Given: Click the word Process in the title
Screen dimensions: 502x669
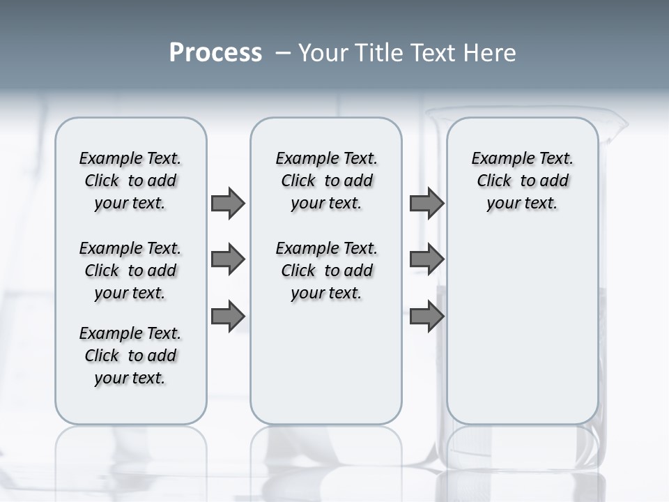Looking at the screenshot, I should click(x=215, y=53).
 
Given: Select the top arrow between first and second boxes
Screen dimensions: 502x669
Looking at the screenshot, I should click(x=228, y=203).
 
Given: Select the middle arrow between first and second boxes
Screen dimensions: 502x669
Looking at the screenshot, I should click(x=228, y=259).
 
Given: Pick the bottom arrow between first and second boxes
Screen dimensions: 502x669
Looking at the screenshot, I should click(x=228, y=317).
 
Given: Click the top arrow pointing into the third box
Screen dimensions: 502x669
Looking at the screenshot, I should click(x=426, y=203).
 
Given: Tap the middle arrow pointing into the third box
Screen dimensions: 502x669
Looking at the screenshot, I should click(x=426, y=259).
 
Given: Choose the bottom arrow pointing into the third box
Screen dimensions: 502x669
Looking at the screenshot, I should click(x=426, y=317).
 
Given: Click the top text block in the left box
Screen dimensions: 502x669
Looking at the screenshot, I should click(x=130, y=181).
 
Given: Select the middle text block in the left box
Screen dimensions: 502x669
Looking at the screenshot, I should click(x=130, y=271).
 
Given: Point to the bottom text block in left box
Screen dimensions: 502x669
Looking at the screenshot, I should click(x=130, y=356).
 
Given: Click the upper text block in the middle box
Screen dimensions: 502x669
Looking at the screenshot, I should click(x=326, y=181).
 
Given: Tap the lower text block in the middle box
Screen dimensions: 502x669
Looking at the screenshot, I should click(x=326, y=271).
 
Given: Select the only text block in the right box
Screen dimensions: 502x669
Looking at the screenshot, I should click(x=522, y=181).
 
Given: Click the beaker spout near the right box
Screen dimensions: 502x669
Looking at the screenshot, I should click(x=617, y=125).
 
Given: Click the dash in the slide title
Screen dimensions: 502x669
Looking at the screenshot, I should click(x=283, y=53).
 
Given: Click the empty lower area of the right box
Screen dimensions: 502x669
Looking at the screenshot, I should click(x=522, y=335).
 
